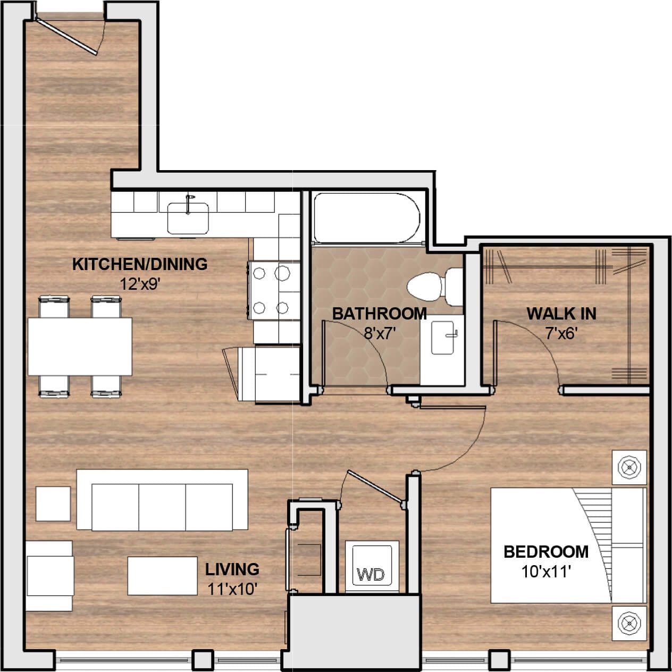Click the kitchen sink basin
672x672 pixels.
[188, 218]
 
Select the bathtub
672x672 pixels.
[366, 218]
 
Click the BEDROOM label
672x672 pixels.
[546, 552]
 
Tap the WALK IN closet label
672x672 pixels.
[561, 314]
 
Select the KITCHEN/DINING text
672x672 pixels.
[140, 264]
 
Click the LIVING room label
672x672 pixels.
[232, 569]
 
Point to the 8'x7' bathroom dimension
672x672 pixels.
[381, 333]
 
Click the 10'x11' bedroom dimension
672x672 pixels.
[546, 572]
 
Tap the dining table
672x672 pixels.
[80, 346]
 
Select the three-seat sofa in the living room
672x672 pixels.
[162, 500]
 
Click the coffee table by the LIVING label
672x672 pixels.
[162, 576]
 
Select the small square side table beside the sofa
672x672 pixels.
[53, 503]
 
